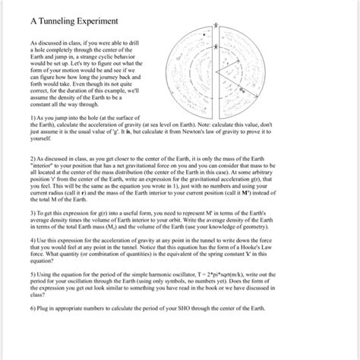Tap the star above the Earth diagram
coord(216,26)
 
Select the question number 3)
coord(25,225)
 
